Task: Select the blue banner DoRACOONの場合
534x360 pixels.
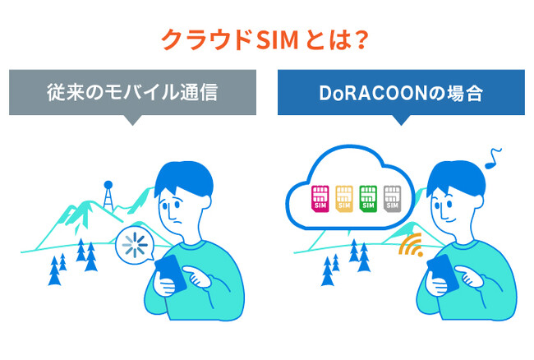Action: point(401,92)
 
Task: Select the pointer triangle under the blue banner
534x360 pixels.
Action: point(401,119)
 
